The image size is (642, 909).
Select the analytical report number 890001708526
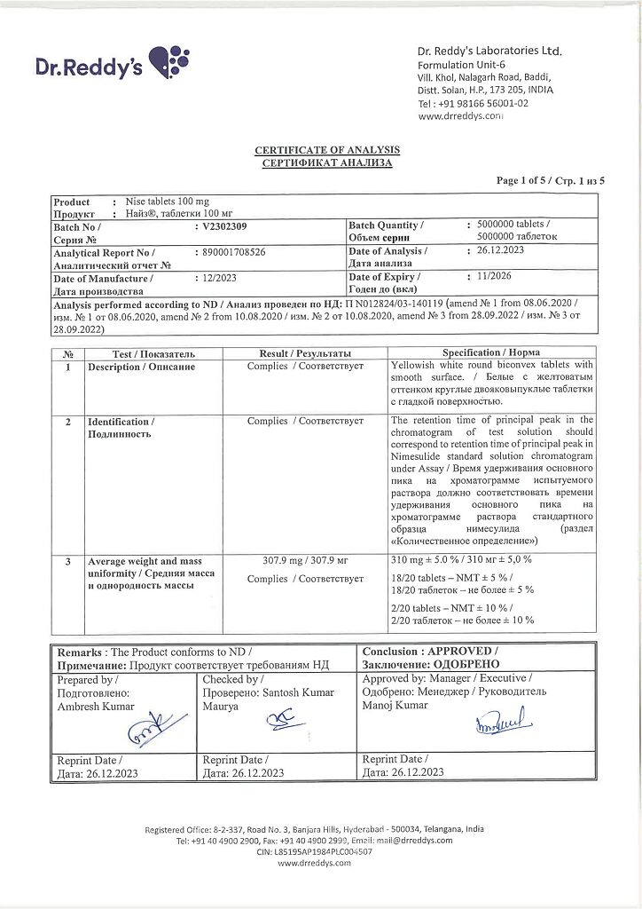pos(235,252)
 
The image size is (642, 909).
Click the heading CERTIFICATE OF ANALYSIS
pos(327,151)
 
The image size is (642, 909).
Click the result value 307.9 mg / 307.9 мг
pos(304,561)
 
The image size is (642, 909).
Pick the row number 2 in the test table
pos(67,421)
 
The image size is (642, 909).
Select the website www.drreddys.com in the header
pos(460,115)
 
